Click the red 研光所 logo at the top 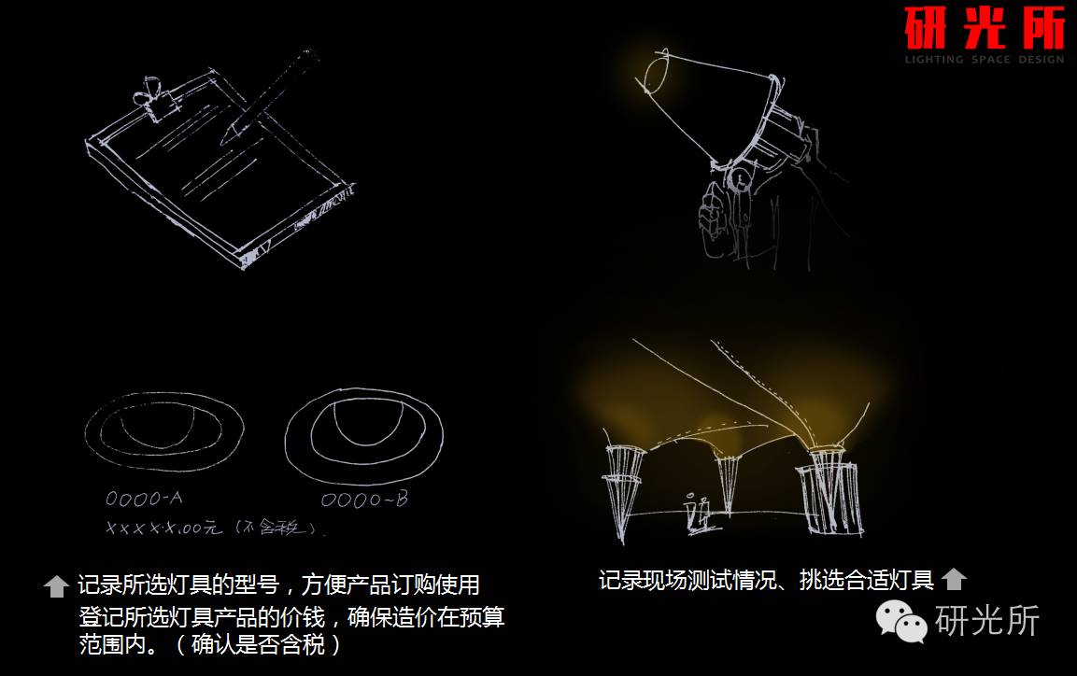click(984, 29)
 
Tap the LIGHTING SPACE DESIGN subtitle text click(984, 60)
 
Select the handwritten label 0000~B click(364, 500)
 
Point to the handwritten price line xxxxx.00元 click(215, 528)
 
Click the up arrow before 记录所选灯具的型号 click(57, 586)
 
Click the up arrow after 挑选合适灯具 click(953, 580)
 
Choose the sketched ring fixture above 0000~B click(363, 436)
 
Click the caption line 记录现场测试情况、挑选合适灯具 click(766, 580)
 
